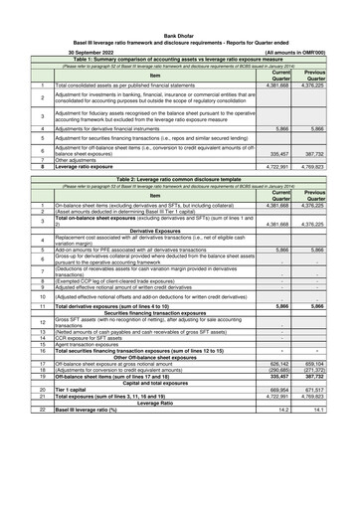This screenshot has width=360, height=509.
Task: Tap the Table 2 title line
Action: [x=179, y=180]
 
